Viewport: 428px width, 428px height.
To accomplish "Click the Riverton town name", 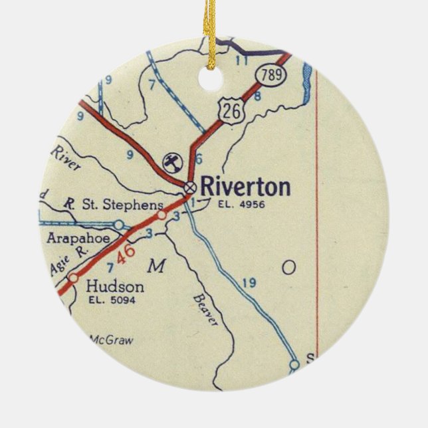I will click(245, 187).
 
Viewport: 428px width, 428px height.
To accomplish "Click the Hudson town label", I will click(114, 286).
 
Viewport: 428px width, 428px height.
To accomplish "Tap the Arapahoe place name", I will click(74, 237).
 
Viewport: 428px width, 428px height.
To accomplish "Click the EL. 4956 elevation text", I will click(241, 204).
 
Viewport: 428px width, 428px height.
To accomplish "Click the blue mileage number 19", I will click(249, 283).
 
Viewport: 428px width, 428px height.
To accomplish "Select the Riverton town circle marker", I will click(191, 187).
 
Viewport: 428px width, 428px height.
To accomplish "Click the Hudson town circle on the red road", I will click(74, 278).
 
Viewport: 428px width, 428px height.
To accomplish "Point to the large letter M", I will click(156, 267).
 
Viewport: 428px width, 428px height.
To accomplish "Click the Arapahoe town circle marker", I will click(118, 225).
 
